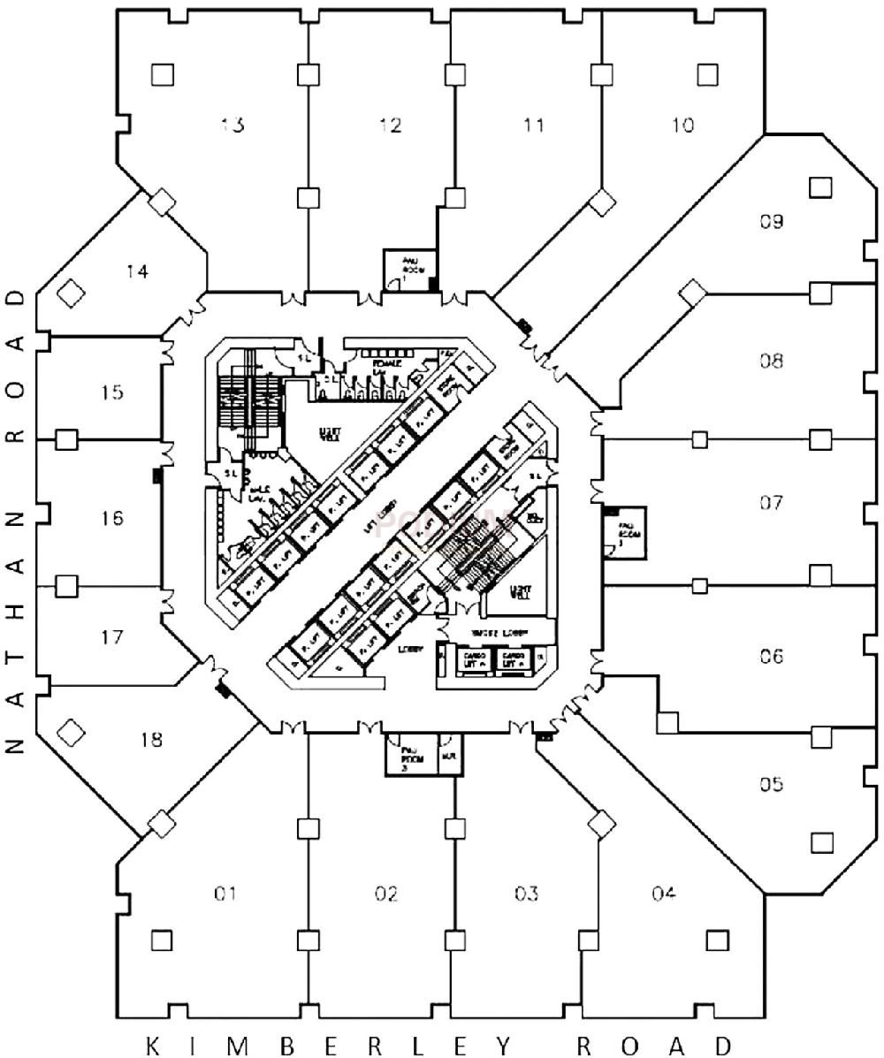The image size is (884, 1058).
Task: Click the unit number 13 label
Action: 232,125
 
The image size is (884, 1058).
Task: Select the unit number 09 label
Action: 771,221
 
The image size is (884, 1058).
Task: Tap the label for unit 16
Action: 111,518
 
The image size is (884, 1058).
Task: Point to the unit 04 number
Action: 664,894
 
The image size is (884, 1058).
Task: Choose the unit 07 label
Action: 771,504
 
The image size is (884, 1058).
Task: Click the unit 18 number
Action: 151,740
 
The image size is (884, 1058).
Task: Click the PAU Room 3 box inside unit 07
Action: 626,532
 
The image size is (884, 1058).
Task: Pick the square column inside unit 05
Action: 822,842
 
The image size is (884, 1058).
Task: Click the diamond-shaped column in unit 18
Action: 70,731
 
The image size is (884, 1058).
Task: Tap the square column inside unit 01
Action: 161,940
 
